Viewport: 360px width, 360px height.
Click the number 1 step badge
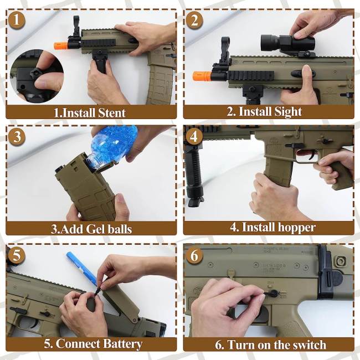pyautogui.click(x=17, y=20)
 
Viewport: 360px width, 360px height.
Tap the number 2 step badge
pyautogui.click(x=194, y=20)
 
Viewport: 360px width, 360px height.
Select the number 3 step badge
pyautogui.click(x=17, y=137)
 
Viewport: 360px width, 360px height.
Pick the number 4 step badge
pyautogui.click(x=194, y=137)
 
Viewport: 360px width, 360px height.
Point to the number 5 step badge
pyautogui.click(x=17, y=255)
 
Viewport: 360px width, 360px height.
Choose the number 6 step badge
pyautogui.click(x=194, y=255)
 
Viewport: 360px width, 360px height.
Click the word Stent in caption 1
pyautogui.click(x=111, y=113)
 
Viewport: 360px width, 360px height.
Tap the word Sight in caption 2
pyautogui.click(x=288, y=112)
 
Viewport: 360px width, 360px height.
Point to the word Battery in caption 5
pyautogui.click(x=122, y=344)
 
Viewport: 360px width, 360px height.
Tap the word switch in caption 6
pyautogui.click(x=310, y=344)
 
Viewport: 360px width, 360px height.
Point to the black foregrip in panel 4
pyautogui.click(x=193, y=175)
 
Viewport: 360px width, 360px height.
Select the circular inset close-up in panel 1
pyautogui.click(x=37, y=76)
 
